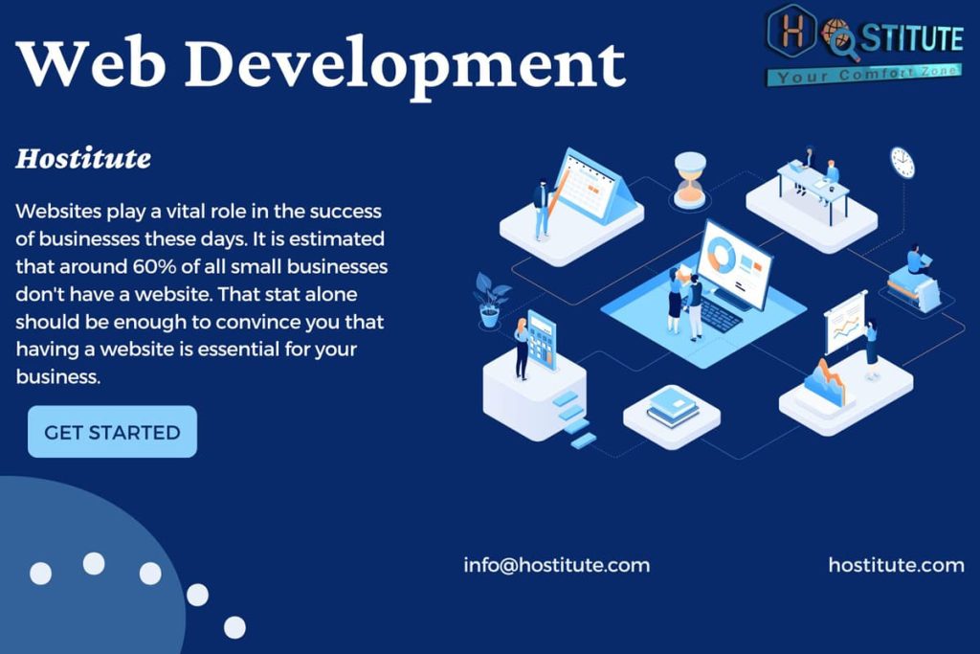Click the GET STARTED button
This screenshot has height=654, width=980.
113,432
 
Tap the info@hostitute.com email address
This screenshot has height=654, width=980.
556,565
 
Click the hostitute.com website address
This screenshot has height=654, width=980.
896,565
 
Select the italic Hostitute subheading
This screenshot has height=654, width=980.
83,159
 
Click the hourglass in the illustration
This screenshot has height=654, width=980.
690,179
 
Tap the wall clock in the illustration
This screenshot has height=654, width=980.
902,163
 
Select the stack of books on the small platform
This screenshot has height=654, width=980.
673,407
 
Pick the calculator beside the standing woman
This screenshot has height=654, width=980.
542,341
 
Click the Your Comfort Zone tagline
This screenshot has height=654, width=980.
865,75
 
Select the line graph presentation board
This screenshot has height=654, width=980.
845,323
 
